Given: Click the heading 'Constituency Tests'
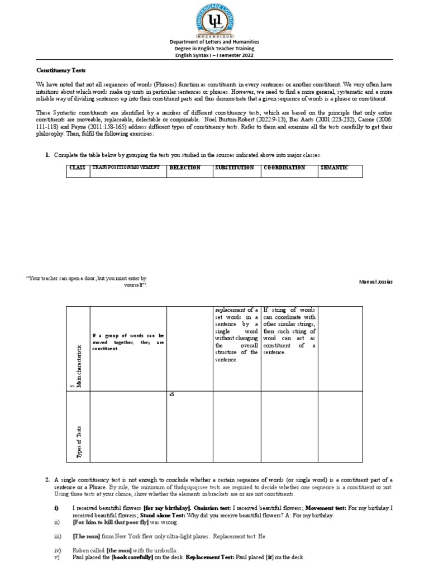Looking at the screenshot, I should pos(58,71).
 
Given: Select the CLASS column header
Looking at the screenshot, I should pos(77,168).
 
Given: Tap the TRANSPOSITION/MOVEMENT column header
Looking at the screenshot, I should pos(126,168).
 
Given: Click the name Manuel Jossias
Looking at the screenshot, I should pos(375,282).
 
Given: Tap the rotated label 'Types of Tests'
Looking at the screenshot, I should pos(78,442).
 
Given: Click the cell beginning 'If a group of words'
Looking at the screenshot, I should pos(128,342).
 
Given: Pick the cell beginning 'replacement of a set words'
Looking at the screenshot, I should pos(237,335).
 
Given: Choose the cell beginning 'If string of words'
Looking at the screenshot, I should pos(289,331).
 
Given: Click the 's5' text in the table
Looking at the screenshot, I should pos(171,395).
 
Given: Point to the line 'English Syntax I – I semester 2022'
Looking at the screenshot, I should pos(214,54).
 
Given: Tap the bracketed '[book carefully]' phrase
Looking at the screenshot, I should pos(132,558).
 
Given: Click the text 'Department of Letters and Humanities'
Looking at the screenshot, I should pos(214,42).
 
